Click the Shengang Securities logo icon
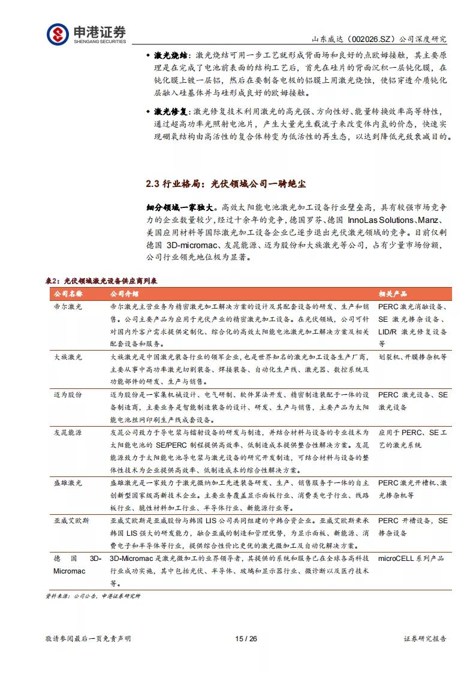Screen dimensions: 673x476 click(58, 34)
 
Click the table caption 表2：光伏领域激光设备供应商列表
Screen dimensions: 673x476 click(102, 281)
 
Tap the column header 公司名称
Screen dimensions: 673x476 click(67, 294)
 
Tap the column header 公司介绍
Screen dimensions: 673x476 click(124, 294)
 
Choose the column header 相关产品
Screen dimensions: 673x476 click(393, 294)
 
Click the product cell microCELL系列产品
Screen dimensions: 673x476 click(411, 559)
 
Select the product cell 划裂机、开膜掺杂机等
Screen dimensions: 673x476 click(412, 357)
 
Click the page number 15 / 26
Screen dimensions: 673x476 click(246, 639)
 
